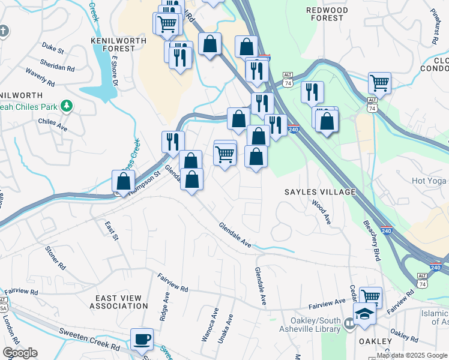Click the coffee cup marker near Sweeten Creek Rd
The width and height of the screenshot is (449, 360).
[x=142, y=340]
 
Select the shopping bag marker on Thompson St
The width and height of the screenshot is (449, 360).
[x=123, y=181]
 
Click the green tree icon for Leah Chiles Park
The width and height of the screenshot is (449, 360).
[x=67, y=106]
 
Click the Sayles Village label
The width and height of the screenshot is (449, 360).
[x=320, y=192]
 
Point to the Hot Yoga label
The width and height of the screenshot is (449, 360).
[x=430, y=180]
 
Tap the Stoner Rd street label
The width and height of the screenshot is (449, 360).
[x=55, y=257]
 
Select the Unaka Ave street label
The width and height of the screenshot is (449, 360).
[x=229, y=327]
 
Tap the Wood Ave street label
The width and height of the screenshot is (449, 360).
[x=321, y=212]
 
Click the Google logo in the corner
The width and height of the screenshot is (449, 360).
[x=20, y=353]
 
